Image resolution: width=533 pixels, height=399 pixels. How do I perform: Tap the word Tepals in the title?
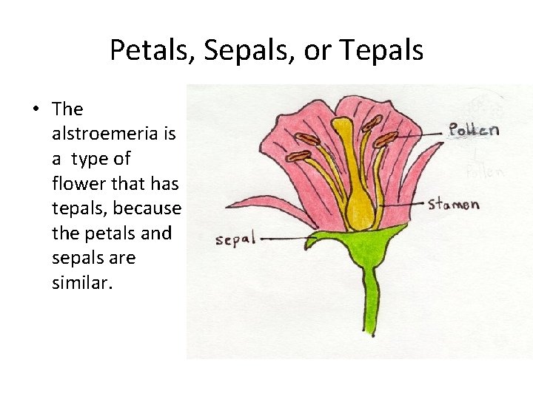coord(382,50)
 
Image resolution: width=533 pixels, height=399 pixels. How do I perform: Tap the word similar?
coord(82,283)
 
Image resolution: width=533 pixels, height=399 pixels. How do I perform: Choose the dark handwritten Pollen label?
coord(474,130)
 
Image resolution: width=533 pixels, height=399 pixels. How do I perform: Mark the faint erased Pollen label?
coord(485,172)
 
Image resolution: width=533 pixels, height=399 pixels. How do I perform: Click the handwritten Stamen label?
coord(454,204)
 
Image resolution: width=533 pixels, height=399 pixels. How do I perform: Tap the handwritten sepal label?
coord(235,239)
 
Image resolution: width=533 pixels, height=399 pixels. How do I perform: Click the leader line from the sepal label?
coord(285,238)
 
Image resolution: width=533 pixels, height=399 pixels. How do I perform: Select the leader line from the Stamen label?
coord(403,202)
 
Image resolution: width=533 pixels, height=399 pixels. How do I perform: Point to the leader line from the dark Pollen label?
coord(422,134)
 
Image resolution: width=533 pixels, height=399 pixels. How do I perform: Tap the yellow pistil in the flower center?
coord(360,192)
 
